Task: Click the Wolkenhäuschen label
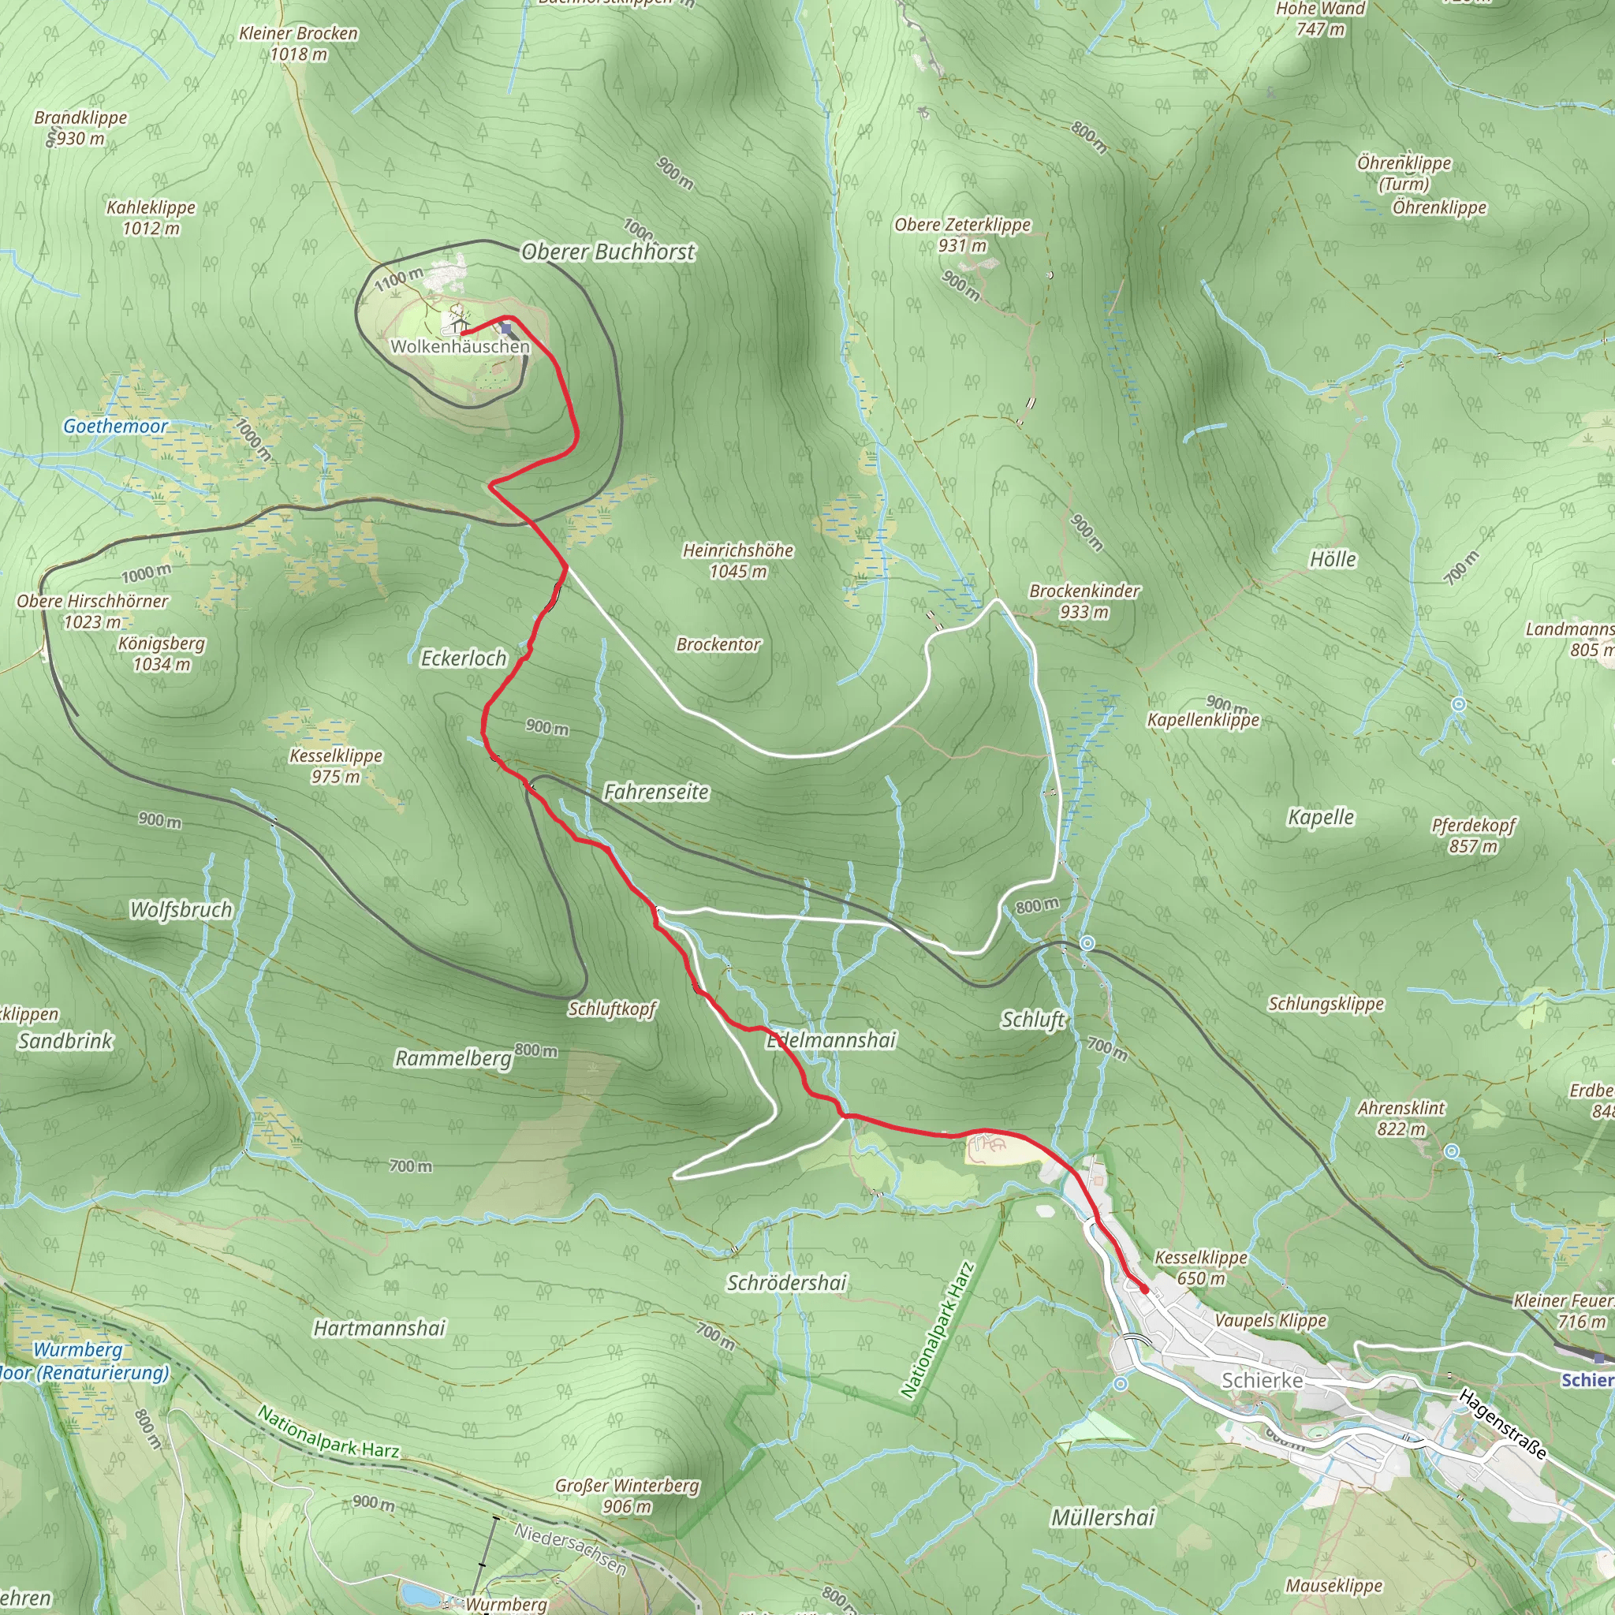[460, 346]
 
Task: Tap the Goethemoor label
[115, 427]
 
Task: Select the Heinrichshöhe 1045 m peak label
[738, 561]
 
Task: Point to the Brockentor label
[718, 644]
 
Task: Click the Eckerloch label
[463, 658]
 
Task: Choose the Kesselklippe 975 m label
[336, 766]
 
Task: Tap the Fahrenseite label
[656, 792]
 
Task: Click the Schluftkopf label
[613, 1009]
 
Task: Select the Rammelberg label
[453, 1058]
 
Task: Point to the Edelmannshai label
[832, 1040]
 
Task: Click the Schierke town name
[1263, 1380]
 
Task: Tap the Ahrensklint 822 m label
[1401, 1117]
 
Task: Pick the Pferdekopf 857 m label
[1473, 835]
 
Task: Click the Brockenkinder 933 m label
[1084, 601]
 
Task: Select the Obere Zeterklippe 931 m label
[962, 235]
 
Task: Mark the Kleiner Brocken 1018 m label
[298, 43]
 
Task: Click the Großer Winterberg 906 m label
[627, 1495]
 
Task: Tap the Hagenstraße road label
[1502, 1423]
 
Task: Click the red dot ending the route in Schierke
[1143, 1290]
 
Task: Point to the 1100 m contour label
[399, 279]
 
